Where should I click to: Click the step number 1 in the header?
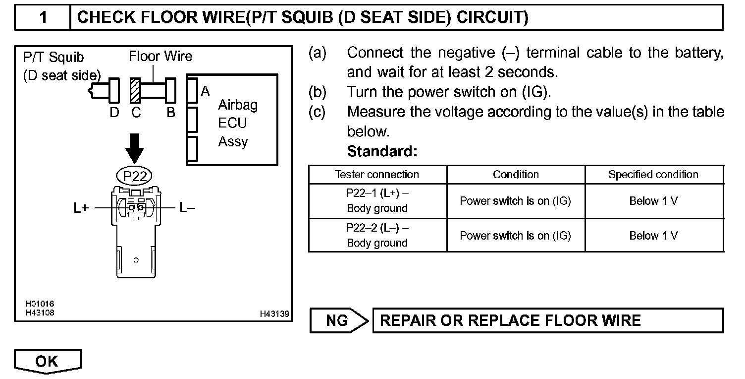tap(44, 17)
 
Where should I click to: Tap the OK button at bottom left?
tap(47, 361)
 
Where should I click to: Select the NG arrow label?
tap(338, 320)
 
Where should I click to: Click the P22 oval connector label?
tap(134, 175)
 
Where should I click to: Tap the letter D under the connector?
tap(114, 113)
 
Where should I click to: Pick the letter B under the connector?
tap(171, 113)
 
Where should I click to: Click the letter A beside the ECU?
tap(205, 91)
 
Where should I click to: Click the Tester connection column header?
tap(377, 175)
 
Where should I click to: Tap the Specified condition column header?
tap(653, 175)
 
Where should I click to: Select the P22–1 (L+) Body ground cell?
tap(377, 201)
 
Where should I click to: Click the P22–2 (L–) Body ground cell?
tap(377, 236)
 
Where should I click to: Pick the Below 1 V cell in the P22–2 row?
tap(653, 236)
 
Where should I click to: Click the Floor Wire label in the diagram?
tap(160, 57)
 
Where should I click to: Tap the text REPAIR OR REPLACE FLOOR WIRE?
tap(510, 320)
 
